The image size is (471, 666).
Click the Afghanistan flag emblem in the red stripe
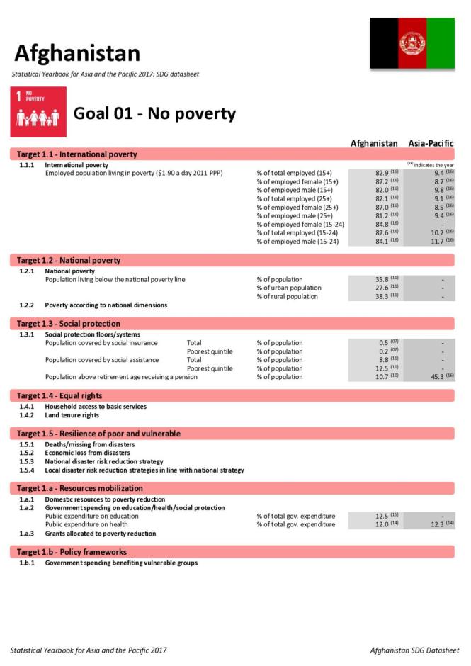point(412,43)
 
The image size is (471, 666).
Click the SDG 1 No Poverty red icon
point(39,112)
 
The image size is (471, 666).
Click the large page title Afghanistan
point(77,53)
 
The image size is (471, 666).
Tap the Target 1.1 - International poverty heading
point(77,154)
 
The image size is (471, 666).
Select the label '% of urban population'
point(288,288)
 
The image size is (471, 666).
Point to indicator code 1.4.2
point(26,415)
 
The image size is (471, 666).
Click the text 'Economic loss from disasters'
point(87,453)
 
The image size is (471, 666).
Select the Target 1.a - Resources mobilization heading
point(79,488)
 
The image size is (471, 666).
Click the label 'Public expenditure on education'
point(92,516)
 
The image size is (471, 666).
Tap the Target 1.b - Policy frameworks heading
point(72,552)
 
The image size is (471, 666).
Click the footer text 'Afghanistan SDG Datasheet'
point(414,650)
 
